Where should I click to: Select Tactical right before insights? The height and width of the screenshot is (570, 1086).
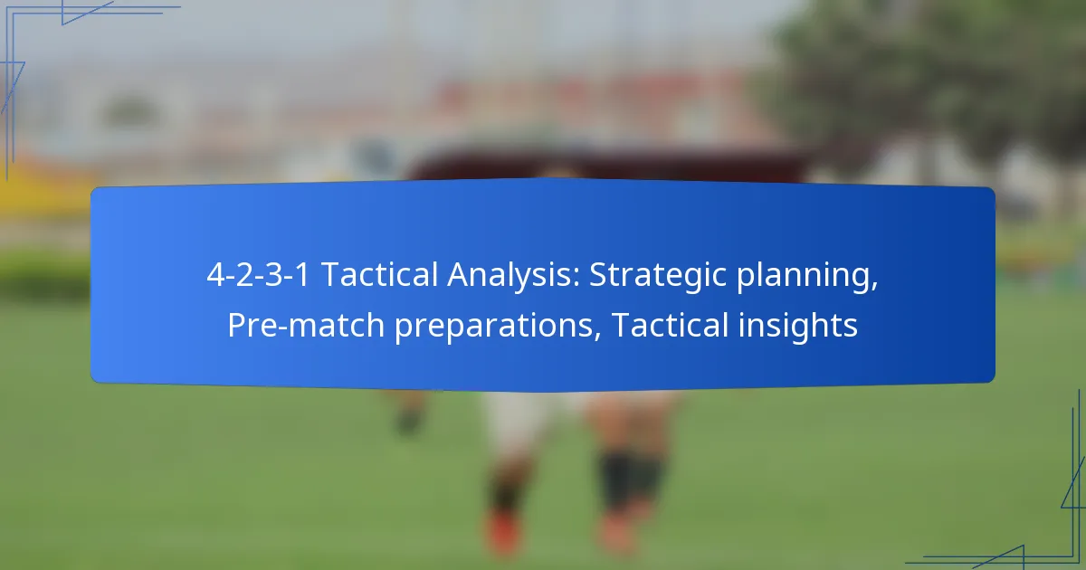670,325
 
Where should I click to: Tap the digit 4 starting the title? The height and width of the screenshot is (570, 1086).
214,276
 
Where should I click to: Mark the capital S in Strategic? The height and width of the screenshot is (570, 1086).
598,276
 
